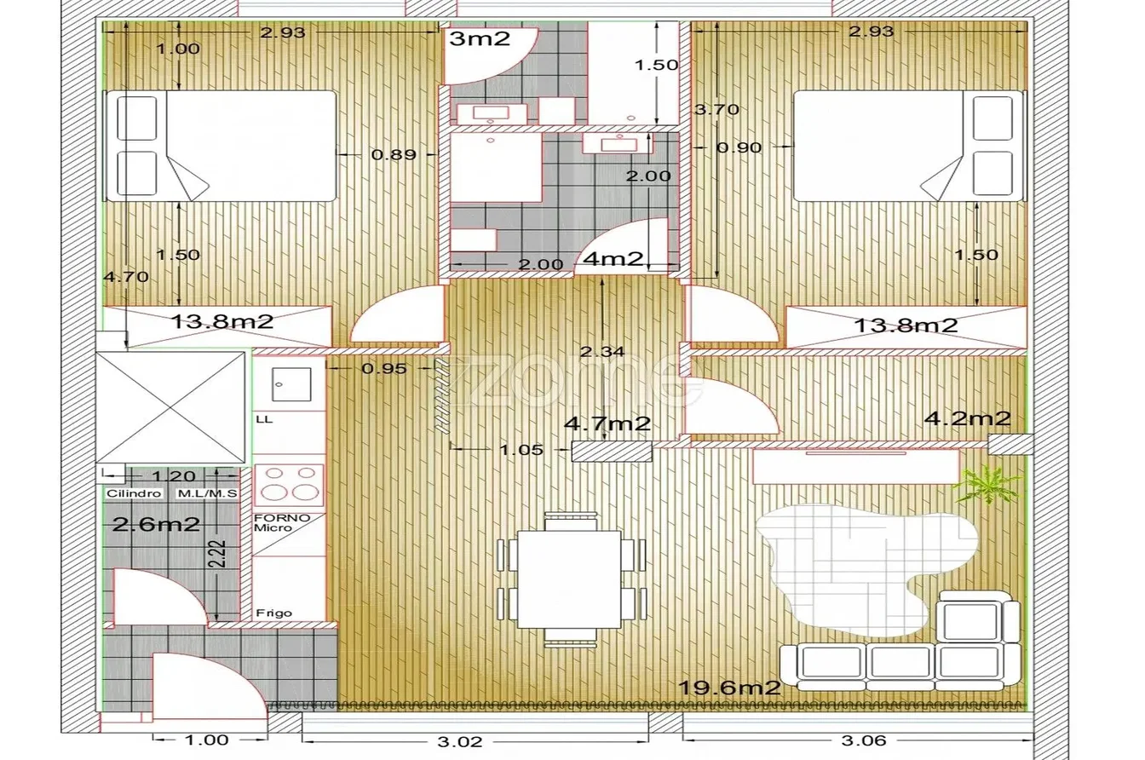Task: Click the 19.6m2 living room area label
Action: click(729, 688)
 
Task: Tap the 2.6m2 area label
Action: click(156, 524)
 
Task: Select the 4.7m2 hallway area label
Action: click(607, 423)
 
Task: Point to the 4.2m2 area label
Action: click(968, 418)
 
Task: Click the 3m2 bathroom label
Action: click(480, 38)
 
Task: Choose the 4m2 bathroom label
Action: click(613, 259)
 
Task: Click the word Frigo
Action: click(274, 613)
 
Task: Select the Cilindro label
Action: click(134, 493)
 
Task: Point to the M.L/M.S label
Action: click(206, 493)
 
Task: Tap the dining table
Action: click(569, 579)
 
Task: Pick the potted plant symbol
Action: click(987, 483)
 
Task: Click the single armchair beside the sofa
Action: click(978, 617)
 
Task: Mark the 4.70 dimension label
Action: click(126, 277)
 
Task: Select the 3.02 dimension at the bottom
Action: click(459, 741)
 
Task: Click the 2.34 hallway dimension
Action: click(602, 352)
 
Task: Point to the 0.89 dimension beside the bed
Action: click(394, 154)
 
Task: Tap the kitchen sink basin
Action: click(291, 383)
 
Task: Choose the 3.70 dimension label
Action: click(716, 109)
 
